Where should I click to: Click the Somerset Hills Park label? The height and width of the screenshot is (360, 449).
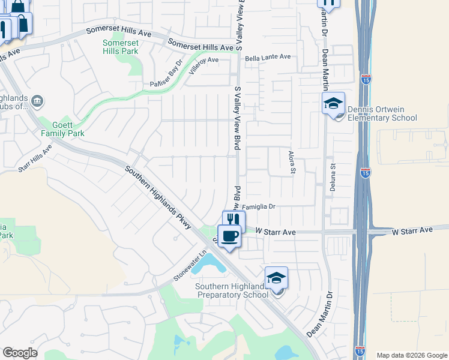[120, 47]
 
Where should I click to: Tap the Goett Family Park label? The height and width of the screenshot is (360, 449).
[62, 128]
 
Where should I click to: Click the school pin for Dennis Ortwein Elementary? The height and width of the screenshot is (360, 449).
[333, 104]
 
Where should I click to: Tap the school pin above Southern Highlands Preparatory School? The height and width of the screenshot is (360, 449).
[276, 278]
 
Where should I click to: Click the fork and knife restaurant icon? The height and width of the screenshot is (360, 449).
[234, 220]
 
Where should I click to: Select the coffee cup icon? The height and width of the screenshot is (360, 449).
[229, 235]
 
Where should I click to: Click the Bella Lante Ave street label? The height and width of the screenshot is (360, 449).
[268, 57]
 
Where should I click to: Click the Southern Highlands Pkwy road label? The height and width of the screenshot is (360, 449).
[158, 197]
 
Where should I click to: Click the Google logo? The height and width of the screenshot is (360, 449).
[20, 352]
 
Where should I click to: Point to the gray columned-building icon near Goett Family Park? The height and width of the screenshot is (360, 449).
[37, 100]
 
